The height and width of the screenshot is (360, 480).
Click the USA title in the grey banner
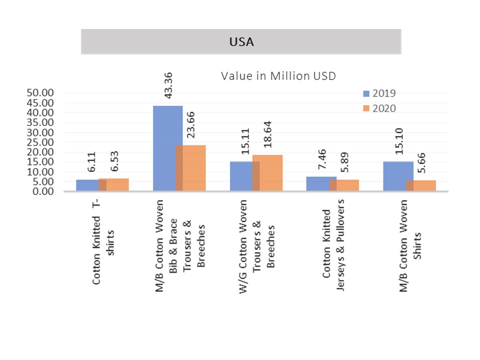tap(241, 42)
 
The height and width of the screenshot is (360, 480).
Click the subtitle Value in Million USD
tap(278, 76)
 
